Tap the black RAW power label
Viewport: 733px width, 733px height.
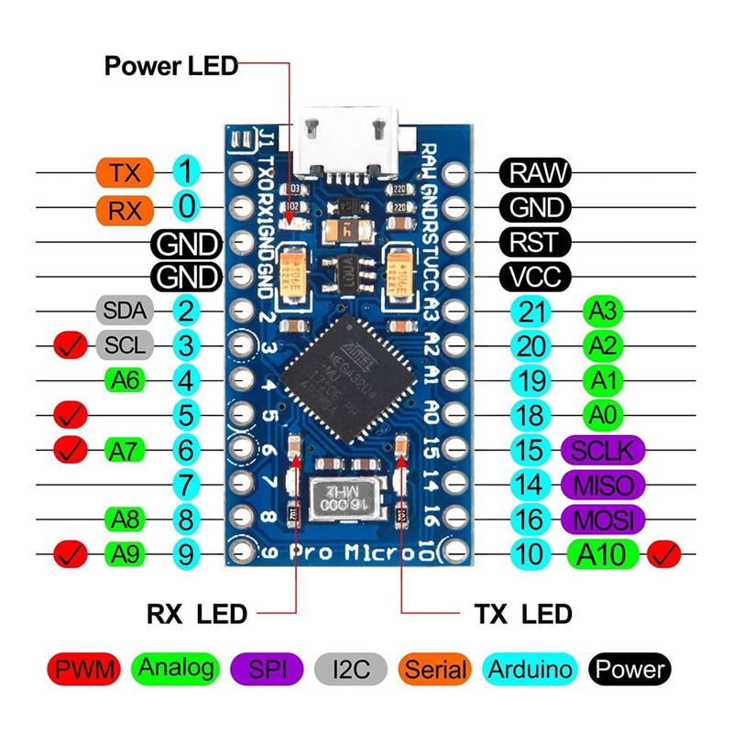535,171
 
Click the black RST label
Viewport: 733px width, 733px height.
535,242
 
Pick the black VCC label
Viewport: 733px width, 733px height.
535,275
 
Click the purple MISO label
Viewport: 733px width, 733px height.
603,484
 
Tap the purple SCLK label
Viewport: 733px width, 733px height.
603,449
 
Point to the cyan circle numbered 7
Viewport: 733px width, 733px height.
186,484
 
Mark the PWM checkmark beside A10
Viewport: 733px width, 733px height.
663,553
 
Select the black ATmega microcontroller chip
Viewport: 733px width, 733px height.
345,371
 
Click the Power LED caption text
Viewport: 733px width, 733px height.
170,65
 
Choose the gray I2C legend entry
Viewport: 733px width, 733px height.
353,669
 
